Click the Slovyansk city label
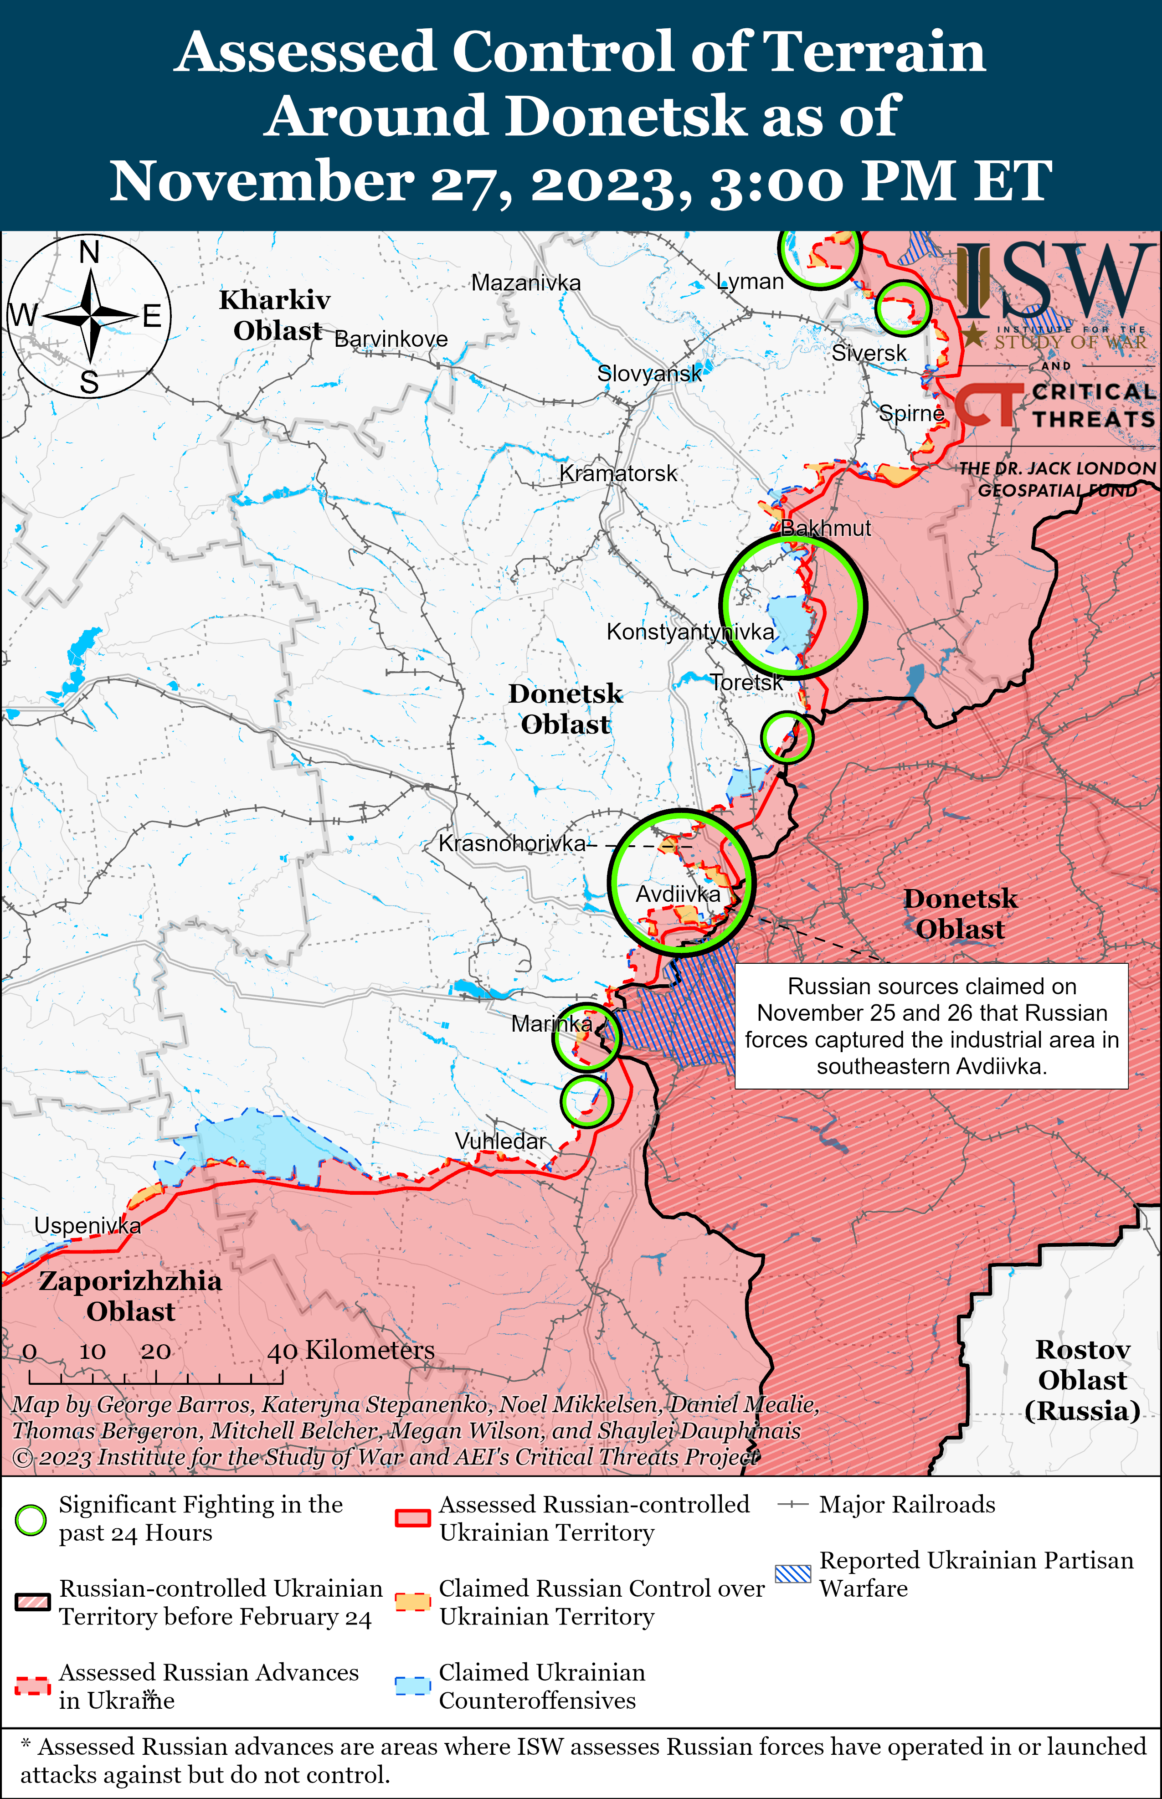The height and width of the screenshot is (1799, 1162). click(649, 373)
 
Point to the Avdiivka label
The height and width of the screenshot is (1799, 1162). click(678, 894)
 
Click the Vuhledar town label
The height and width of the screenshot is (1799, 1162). click(500, 1141)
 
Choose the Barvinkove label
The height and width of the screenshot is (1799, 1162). click(391, 339)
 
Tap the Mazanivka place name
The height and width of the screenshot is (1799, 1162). click(526, 283)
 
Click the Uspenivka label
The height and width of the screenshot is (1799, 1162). click(87, 1226)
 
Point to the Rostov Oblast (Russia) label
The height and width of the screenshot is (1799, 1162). click(1082, 1380)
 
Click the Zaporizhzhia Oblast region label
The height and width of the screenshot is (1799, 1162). click(130, 1296)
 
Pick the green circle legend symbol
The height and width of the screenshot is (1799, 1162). click(31, 1520)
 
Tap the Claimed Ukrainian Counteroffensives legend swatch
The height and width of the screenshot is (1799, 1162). click(413, 1686)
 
